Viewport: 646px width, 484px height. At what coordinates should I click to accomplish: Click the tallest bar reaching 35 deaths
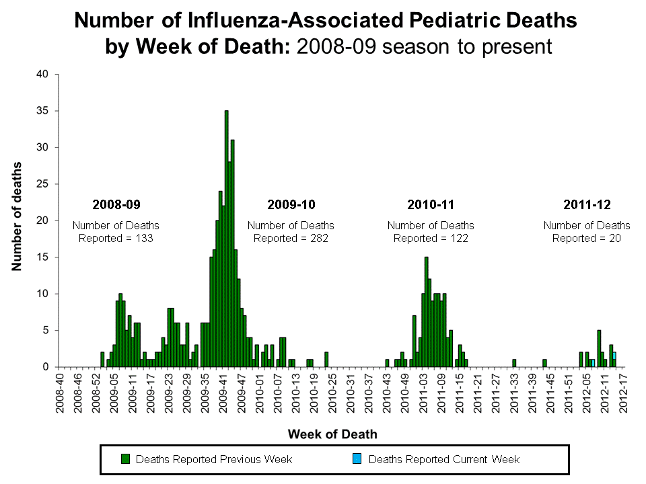tap(227, 242)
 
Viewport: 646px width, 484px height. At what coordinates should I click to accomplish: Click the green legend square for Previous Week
tap(125, 459)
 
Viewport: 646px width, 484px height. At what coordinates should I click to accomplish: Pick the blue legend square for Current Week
tap(357, 459)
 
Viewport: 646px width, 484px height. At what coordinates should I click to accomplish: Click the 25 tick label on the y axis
tap(42, 184)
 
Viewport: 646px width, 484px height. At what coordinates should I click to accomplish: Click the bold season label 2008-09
tap(116, 204)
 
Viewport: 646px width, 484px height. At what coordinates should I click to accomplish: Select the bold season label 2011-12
tap(587, 204)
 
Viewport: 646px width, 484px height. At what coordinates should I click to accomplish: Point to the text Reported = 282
tap(291, 238)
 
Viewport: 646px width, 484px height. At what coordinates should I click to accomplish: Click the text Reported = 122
tap(431, 238)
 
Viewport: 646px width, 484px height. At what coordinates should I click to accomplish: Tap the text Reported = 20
tap(587, 238)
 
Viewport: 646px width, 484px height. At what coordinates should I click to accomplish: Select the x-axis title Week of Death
tap(332, 434)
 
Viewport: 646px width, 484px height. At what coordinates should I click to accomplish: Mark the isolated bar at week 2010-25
tap(326, 360)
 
